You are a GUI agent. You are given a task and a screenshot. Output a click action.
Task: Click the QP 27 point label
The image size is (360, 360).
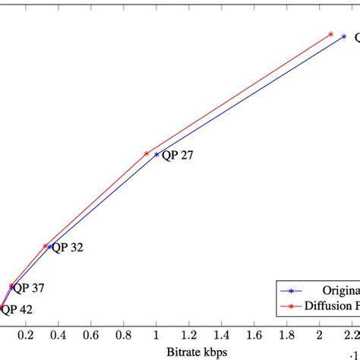[177, 155]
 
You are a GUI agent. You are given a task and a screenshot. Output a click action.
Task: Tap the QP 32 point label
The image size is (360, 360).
[68, 247]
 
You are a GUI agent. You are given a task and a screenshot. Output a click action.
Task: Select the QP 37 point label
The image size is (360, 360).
[29, 288]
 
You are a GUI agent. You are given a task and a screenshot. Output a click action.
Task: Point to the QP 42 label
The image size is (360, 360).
[17, 309]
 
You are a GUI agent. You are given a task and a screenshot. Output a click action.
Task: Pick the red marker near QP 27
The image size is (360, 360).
[147, 153]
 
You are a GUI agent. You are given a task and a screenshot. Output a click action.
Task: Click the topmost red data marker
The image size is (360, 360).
[330, 34]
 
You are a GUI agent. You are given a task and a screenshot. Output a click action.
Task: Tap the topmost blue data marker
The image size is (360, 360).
[344, 36]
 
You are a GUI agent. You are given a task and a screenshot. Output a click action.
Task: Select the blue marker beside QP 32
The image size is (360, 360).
[50, 247]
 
